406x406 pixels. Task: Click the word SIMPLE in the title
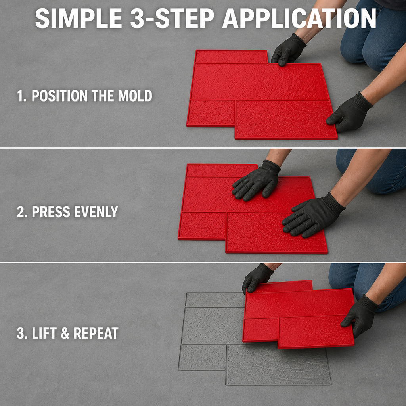point(79,18)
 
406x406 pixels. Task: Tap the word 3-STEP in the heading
point(172,18)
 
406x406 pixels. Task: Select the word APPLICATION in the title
point(299,18)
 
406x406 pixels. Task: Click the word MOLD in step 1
point(135,96)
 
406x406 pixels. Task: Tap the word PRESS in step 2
point(51,212)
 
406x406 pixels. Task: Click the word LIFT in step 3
point(44,333)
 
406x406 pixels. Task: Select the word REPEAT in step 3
point(96,333)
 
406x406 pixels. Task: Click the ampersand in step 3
point(65,333)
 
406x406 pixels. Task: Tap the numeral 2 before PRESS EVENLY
point(21,212)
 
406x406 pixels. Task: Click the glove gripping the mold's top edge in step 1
point(288,50)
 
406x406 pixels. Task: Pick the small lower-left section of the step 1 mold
point(211,113)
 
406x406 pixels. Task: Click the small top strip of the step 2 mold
point(221,170)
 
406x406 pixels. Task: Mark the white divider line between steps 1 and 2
point(203,148)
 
